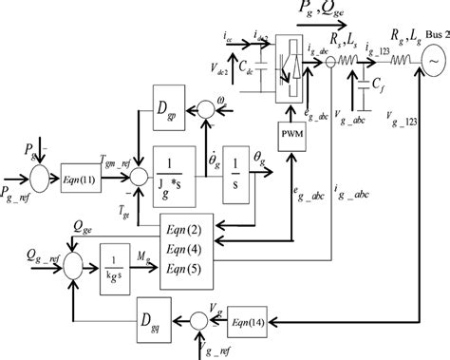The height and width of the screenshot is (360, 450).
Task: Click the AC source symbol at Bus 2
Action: coord(433,59)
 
